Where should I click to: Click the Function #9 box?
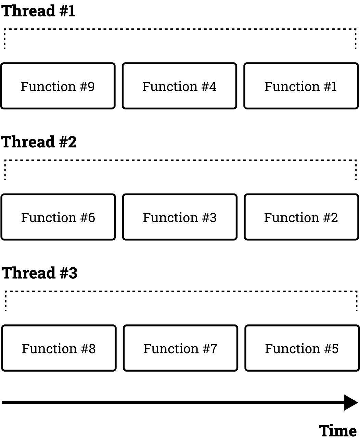(x=58, y=86)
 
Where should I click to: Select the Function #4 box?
(x=179, y=86)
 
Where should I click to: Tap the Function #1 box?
(x=301, y=86)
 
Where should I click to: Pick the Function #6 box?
(x=58, y=217)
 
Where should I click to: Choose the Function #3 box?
(x=180, y=217)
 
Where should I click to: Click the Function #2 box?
(x=301, y=217)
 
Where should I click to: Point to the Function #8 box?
(x=59, y=348)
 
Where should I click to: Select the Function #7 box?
(x=180, y=348)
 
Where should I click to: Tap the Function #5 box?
(x=302, y=348)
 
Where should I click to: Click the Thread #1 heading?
(x=38, y=11)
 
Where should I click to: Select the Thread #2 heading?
(x=39, y=142)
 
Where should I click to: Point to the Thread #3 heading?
(x=40, y=273)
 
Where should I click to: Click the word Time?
(x=337, y=431)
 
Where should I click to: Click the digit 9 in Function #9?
(x=91, y=86)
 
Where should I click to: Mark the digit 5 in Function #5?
(x=335, y=349)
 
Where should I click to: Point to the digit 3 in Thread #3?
(x=73, y=273)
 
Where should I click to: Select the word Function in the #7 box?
(x=171, y=348)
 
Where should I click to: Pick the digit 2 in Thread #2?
(x=72, y=142)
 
